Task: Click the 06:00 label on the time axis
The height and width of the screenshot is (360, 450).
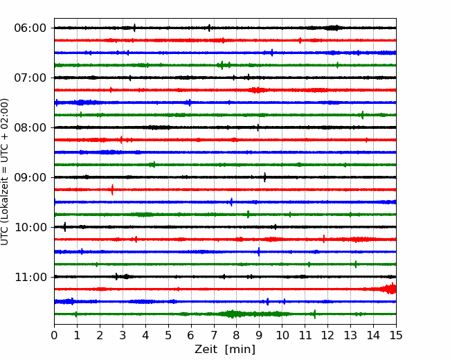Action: click(x=30, y=28)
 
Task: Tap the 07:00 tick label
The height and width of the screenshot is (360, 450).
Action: click(x=30, y=78)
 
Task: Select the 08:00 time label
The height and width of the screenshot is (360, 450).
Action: click(x=30, y=128)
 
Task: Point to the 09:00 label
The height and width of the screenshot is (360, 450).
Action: click(x=30, y=177)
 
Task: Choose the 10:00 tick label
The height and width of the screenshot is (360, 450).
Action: click(x=30, y=227)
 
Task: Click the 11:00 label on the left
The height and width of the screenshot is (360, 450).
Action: click(x=30, y=278)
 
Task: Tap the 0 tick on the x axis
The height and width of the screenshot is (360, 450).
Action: click(x=54, y=335)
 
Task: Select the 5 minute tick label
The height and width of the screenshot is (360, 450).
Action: click(x=168, y=335)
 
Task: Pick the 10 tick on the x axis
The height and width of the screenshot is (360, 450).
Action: click(x=282, y=335)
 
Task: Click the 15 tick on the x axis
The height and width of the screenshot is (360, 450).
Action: click(x=396, y=335)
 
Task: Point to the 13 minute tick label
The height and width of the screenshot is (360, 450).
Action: click(x=350, y=335)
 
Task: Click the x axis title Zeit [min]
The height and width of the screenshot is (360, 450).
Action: click(x=225, y=350)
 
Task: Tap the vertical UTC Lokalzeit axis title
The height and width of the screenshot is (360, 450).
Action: click(x=4, y=172)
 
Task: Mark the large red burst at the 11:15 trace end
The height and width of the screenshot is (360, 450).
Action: click(x=389, y=289)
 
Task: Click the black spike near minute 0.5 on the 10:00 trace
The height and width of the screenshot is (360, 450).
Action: click(x=64, y=227)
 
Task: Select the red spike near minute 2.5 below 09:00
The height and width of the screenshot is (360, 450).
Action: click(x=112, y=190)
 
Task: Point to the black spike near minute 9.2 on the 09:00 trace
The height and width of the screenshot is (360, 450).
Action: click(x=264, y=177)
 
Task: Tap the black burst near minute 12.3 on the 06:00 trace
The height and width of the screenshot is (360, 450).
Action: click(x=333, y=28)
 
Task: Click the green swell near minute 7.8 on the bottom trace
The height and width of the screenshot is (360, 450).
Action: click(x=231, y=314)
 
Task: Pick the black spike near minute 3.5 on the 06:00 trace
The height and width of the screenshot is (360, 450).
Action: click(x=134, y=28)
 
